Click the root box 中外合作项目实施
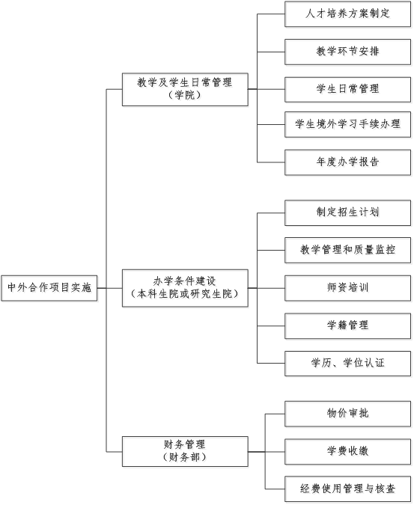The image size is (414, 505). click(49, 288)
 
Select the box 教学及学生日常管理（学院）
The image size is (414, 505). click(185, 89)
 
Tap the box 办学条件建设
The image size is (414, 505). click(185, 288)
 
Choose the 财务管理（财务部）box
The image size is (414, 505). click(185, 451)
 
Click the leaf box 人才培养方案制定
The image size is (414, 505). click(347, 14)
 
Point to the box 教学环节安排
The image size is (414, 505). click(347, 52)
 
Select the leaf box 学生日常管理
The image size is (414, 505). click(347, 89)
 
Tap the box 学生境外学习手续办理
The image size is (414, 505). click(347, 124)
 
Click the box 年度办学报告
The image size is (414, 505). click(347, 162)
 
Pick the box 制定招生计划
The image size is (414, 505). click(347, 212)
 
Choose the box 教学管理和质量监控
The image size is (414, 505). click(347, 250)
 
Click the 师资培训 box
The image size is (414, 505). click(347, 288)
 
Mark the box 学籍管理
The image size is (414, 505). click(347, 325)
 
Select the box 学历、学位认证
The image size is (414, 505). click(347, 364)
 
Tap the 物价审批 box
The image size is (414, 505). click(347, 414)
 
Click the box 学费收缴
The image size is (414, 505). click(347, 451)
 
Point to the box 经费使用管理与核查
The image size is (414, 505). click(347, 489)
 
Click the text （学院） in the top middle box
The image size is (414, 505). click(185, 95)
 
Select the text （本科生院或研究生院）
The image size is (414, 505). click(185, 294)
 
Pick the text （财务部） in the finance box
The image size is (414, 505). click(185, 457)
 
